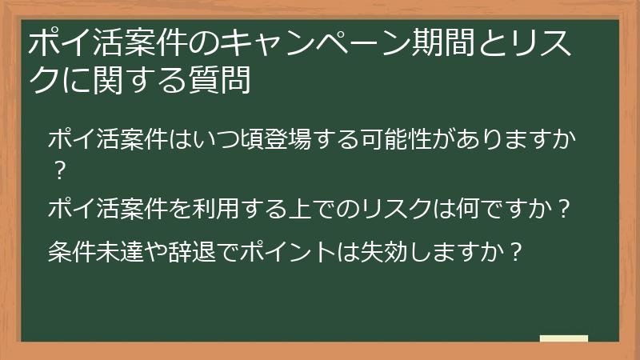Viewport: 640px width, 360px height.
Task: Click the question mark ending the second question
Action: (x=564, y=210)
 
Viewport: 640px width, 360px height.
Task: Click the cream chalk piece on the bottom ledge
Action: (x=563, y=338)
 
